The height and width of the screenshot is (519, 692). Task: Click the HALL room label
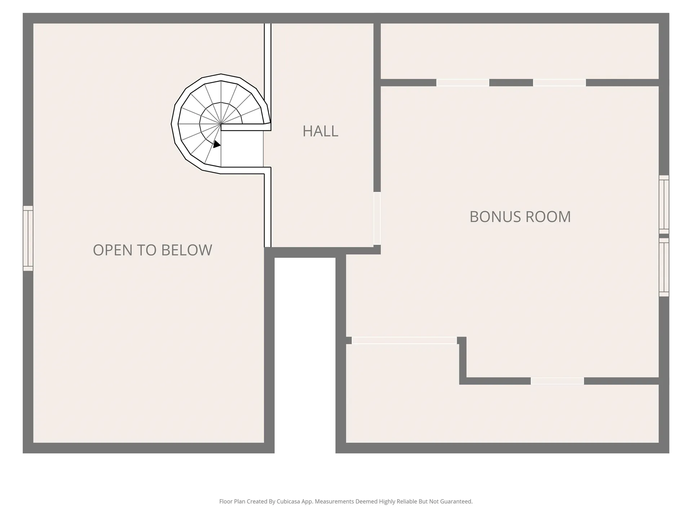[x=320, y=131]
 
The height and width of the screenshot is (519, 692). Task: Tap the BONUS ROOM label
[x=520, y=217]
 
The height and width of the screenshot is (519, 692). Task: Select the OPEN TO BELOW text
[x=152, y=250]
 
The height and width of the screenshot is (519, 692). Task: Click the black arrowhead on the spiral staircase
[x=216, y=144]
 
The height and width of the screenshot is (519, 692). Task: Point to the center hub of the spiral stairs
[x=221, y=124]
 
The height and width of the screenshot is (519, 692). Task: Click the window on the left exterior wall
[x=28, y=238]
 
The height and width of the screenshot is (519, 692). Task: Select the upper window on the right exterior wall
[x=664, y=204]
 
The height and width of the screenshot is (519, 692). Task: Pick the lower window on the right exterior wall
[x=664, y=267]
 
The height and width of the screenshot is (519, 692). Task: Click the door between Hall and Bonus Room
[x=377, y=218]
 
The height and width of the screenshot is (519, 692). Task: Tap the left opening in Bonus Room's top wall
[x=463, y=83]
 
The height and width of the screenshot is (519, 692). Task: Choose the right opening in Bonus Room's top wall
[x=559, y=83]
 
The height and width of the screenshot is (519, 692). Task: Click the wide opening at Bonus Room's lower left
[x=404, y=340]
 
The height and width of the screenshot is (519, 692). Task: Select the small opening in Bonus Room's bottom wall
[x=557, y=381]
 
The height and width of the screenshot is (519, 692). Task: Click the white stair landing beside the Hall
[x=242, y=148]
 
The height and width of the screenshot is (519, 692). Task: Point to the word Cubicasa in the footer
[x=289, y=501]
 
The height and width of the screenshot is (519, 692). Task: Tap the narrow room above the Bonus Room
[x=520, y=51]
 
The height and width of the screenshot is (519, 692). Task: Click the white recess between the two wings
[x=305, y=355]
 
